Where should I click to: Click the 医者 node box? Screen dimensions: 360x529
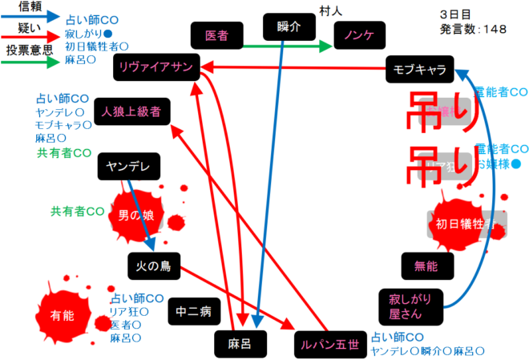coord(216,35)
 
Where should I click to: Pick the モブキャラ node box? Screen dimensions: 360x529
coord(419,68)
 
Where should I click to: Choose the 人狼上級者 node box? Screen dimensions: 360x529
coord(131,111)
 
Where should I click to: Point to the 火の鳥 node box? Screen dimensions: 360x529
coord(154,264)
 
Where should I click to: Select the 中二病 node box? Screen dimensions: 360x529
coord(190,311)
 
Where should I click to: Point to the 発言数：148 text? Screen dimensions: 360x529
coord(473,29)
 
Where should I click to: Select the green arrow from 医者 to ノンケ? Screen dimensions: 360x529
coord(285,47)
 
